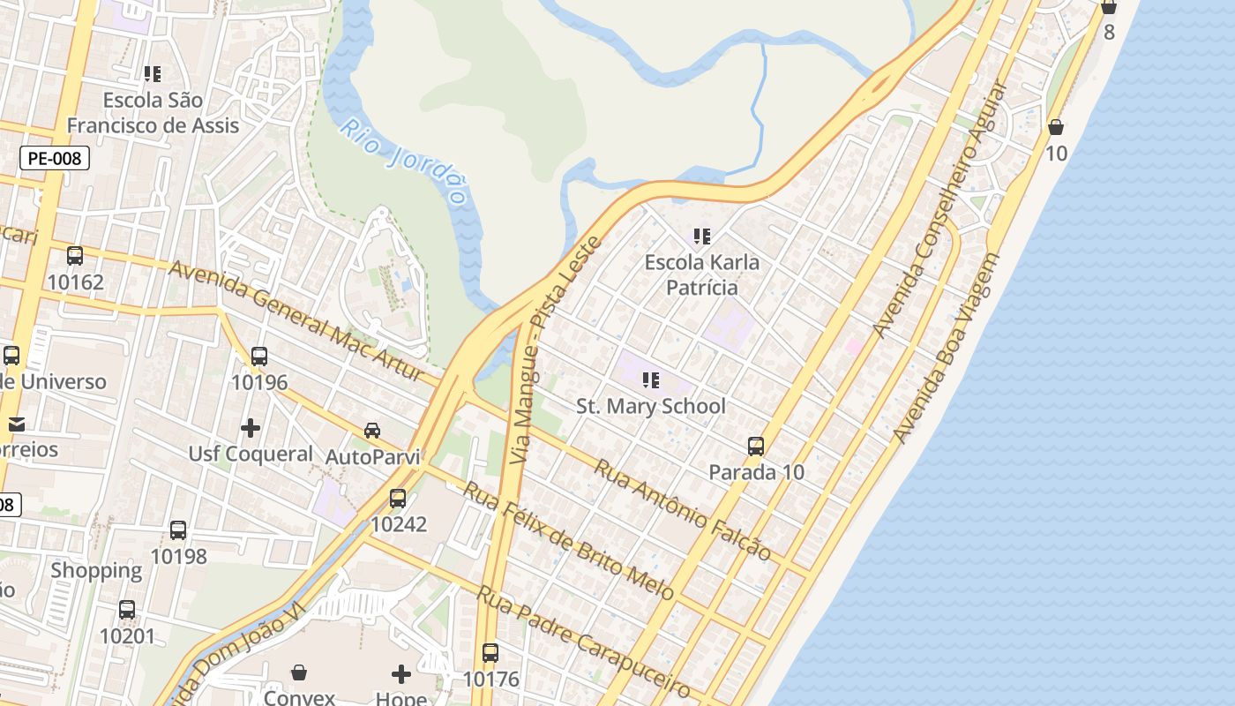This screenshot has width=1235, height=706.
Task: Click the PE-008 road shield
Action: pos(54,159)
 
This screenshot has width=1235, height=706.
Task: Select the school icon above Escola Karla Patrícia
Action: pos(702,237)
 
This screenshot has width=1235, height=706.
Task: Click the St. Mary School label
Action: pos(651,406)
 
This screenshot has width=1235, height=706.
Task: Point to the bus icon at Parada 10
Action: pos(756,447)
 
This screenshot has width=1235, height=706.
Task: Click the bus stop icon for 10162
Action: pos(75,256)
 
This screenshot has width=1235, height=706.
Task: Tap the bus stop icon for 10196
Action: pos(258,357)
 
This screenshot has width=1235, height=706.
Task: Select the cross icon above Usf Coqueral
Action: pos(251,428)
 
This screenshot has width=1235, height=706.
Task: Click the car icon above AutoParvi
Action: pos(372,431)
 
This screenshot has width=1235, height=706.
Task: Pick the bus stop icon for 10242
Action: pos(398,499)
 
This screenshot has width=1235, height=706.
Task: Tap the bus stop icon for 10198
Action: pos(178,530)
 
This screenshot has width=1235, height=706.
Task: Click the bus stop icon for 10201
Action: pos(127,610)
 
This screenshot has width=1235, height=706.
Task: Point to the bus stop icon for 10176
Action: pos(490,653)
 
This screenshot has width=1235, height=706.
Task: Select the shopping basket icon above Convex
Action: pos(299,672)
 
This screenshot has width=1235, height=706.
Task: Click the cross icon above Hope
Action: pos(401,674)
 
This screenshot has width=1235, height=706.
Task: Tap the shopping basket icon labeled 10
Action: pos(1055,128)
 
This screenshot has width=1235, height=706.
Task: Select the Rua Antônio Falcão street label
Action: pos(682,509)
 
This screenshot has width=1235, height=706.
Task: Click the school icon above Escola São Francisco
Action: pos(153,74)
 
